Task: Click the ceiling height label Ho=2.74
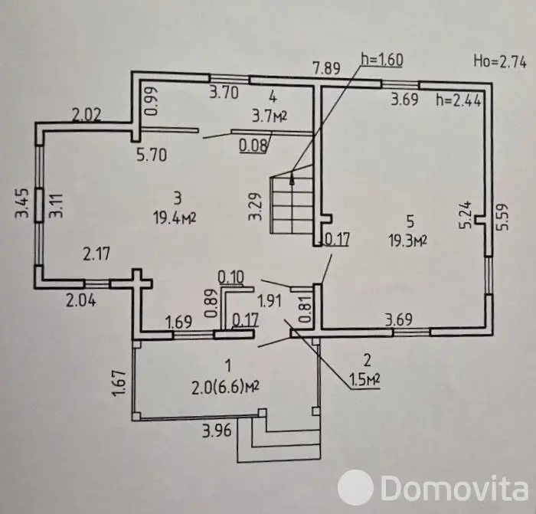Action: click(x=500, y=62)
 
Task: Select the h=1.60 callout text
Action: click(x=382, y=60)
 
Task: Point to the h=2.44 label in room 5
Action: click(x=459, y=100)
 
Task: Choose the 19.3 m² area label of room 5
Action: click(x=407, y=241)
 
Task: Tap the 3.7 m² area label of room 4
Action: click(x=270, y=116)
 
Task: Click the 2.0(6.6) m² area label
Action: click(x=225, y=388)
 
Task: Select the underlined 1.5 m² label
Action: click(x=364, y=379)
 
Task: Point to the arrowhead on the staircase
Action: click(x=293, y=178)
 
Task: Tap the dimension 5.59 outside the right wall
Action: click(x=504, y=217)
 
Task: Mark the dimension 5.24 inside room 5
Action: click(x=466, y=214)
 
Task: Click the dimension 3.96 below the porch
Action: click(x=217, y=431)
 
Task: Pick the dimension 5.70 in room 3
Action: click(x=152, y=155)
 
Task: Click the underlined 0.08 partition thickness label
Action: click(x=253, y=146)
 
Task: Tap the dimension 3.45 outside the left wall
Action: click(x=21, y=204)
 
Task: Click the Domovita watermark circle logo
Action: click(x=355, y=486)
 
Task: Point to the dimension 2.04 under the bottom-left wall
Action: click(x=81, y=300)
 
